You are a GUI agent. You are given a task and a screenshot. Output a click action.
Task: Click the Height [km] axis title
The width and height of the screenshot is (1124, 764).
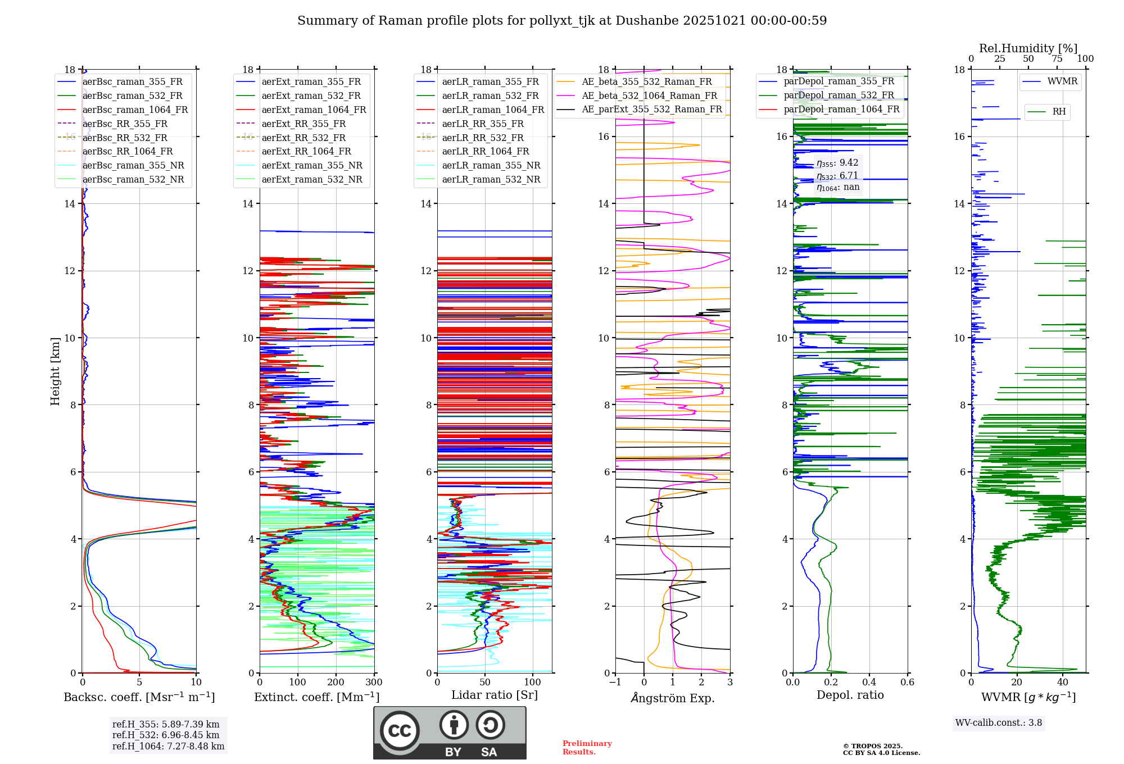(55, 371)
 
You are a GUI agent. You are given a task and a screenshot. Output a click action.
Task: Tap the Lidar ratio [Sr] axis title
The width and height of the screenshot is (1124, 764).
(494, 695)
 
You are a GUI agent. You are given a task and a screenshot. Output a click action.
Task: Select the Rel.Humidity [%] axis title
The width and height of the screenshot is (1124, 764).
(1028, 48)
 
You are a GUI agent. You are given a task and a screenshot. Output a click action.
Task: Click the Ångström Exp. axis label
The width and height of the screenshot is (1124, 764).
(672, 698)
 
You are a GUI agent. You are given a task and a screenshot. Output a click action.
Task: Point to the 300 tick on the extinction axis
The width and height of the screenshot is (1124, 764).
(374, 683)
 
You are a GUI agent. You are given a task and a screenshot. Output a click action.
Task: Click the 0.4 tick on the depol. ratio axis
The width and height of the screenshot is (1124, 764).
(869, 683)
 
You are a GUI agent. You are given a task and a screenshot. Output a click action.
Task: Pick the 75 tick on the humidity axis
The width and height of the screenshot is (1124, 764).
(1057, 59)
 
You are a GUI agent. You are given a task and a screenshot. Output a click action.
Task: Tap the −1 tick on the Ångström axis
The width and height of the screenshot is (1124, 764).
(615, 683)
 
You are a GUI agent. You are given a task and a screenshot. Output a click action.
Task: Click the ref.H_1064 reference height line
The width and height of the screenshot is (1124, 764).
(168, 746)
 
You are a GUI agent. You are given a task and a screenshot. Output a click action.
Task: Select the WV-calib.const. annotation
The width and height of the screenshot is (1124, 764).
(998, 723)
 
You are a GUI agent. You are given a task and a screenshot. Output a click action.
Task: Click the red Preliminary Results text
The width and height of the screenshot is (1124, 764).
(587, 748)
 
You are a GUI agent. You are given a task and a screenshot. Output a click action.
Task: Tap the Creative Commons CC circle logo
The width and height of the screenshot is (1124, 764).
(400, 730)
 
